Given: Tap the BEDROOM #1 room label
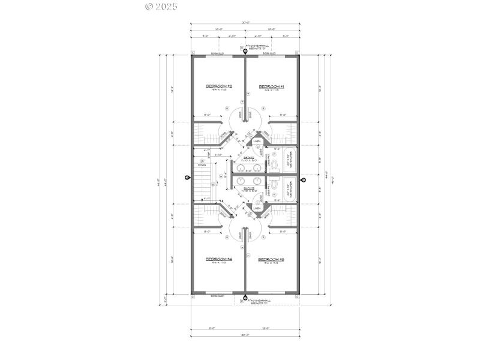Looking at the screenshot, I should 271,87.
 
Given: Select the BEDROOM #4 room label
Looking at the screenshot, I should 219,259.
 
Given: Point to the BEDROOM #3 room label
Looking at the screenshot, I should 271,259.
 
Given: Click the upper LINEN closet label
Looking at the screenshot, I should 257,142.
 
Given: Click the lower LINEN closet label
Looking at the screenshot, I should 257,208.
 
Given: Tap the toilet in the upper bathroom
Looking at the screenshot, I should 274,163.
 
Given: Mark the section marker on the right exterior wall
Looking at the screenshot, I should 303,179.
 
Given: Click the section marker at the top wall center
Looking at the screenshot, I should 245,50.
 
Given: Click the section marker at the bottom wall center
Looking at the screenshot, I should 245,299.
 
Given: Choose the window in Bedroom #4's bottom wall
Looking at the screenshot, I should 218,295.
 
